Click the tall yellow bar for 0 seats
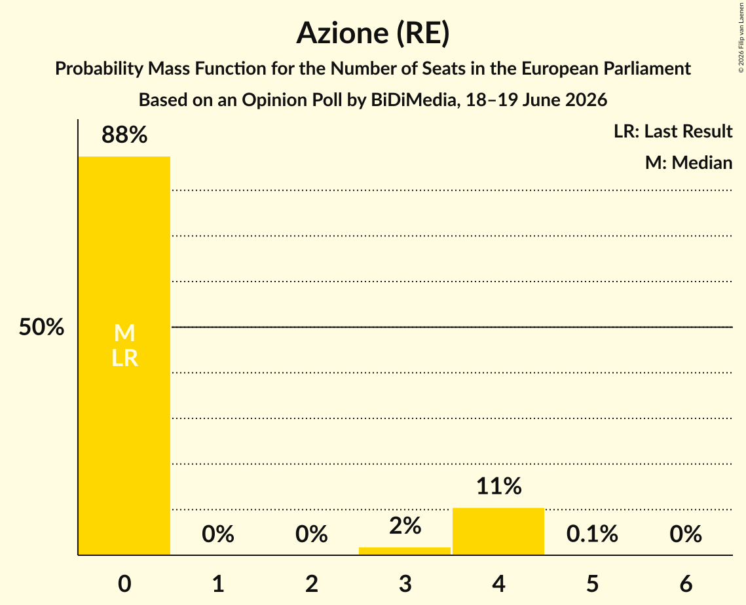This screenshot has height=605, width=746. point(124,356)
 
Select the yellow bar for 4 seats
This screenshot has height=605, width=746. point(498,531)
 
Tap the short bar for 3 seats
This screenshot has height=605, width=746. point(404,551)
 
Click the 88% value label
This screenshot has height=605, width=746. point(124,135)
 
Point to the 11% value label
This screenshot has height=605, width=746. point(498,486)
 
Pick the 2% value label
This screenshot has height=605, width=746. point(405,526)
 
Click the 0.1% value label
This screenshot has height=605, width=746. point(592,534)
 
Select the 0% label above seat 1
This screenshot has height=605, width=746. point(218,534)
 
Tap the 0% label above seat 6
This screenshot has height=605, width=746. point(686,534)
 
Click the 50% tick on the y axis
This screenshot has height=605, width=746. point(41,327)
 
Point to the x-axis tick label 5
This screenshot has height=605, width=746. point(592,583)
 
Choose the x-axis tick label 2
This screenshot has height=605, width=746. point(312,583)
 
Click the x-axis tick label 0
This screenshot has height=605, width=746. point(124,583)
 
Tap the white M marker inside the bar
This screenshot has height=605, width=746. point(124,333)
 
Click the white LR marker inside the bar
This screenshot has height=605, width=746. point(124,357)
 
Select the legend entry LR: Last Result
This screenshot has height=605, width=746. point(673,131)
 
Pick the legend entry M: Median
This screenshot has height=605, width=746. point(688,162)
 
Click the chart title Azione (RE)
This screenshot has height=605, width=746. point(373,33)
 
